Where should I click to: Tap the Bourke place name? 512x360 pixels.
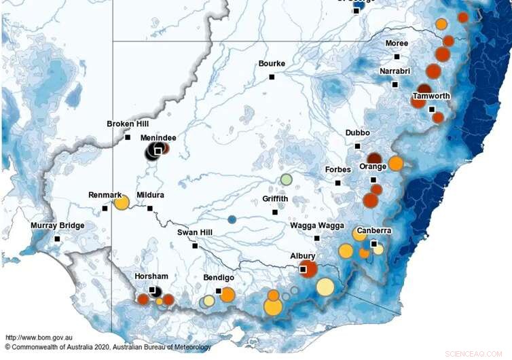[272, 64]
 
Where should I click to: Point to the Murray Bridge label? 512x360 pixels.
[57, 226]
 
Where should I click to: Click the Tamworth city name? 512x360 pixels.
[431, 96]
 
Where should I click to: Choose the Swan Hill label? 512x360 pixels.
[197, 232]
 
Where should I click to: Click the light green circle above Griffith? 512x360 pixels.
[287, 180]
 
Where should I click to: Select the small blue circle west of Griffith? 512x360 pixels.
[232, 219]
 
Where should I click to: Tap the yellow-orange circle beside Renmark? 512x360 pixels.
[122, 202]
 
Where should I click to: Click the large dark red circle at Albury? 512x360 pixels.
[308, 268]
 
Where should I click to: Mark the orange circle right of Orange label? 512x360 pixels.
[396, 163]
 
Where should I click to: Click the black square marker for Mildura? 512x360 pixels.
[151, 209]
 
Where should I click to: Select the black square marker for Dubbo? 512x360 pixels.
[358, 146]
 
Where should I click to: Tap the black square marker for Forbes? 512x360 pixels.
[337, 183]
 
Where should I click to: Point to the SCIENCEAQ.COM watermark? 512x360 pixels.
[473, 354]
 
